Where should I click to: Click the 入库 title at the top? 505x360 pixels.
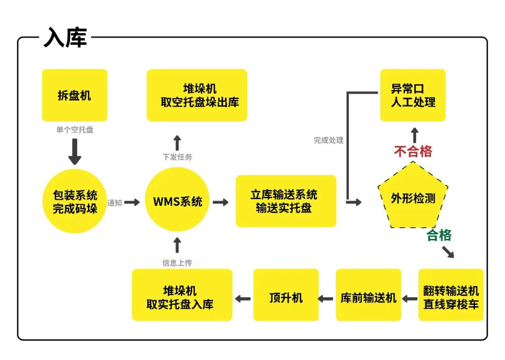(x=65, y=37)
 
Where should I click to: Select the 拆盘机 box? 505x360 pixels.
(x=74, y=95)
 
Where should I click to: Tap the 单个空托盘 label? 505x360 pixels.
(x=75, y=130)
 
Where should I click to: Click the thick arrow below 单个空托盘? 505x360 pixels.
(x=75, y=151)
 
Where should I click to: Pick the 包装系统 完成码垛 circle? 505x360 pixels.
(x=75, y=202)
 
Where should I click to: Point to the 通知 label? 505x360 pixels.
(x=115, y=203)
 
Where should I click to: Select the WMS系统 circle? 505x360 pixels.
(x=177, y=202)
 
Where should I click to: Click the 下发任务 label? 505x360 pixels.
(x=177, y=157)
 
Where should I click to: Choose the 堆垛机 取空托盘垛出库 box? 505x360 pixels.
(x=197, y=95)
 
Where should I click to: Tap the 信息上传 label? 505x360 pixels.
(x=177, y=263)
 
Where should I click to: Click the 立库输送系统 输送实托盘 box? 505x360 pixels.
(x=286, y=202)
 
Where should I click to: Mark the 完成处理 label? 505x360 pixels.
(x=328, y=140)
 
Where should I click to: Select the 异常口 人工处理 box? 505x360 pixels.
(x=413, y=95)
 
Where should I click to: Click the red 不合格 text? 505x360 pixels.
(x=413, y=151)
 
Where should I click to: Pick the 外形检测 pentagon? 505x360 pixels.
(x=413, y=198)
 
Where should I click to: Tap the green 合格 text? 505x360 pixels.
(x=439, y=236)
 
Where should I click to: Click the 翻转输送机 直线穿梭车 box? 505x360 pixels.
(x=451, y=295)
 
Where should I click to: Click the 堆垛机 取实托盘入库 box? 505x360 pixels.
(x=182, y=295)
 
